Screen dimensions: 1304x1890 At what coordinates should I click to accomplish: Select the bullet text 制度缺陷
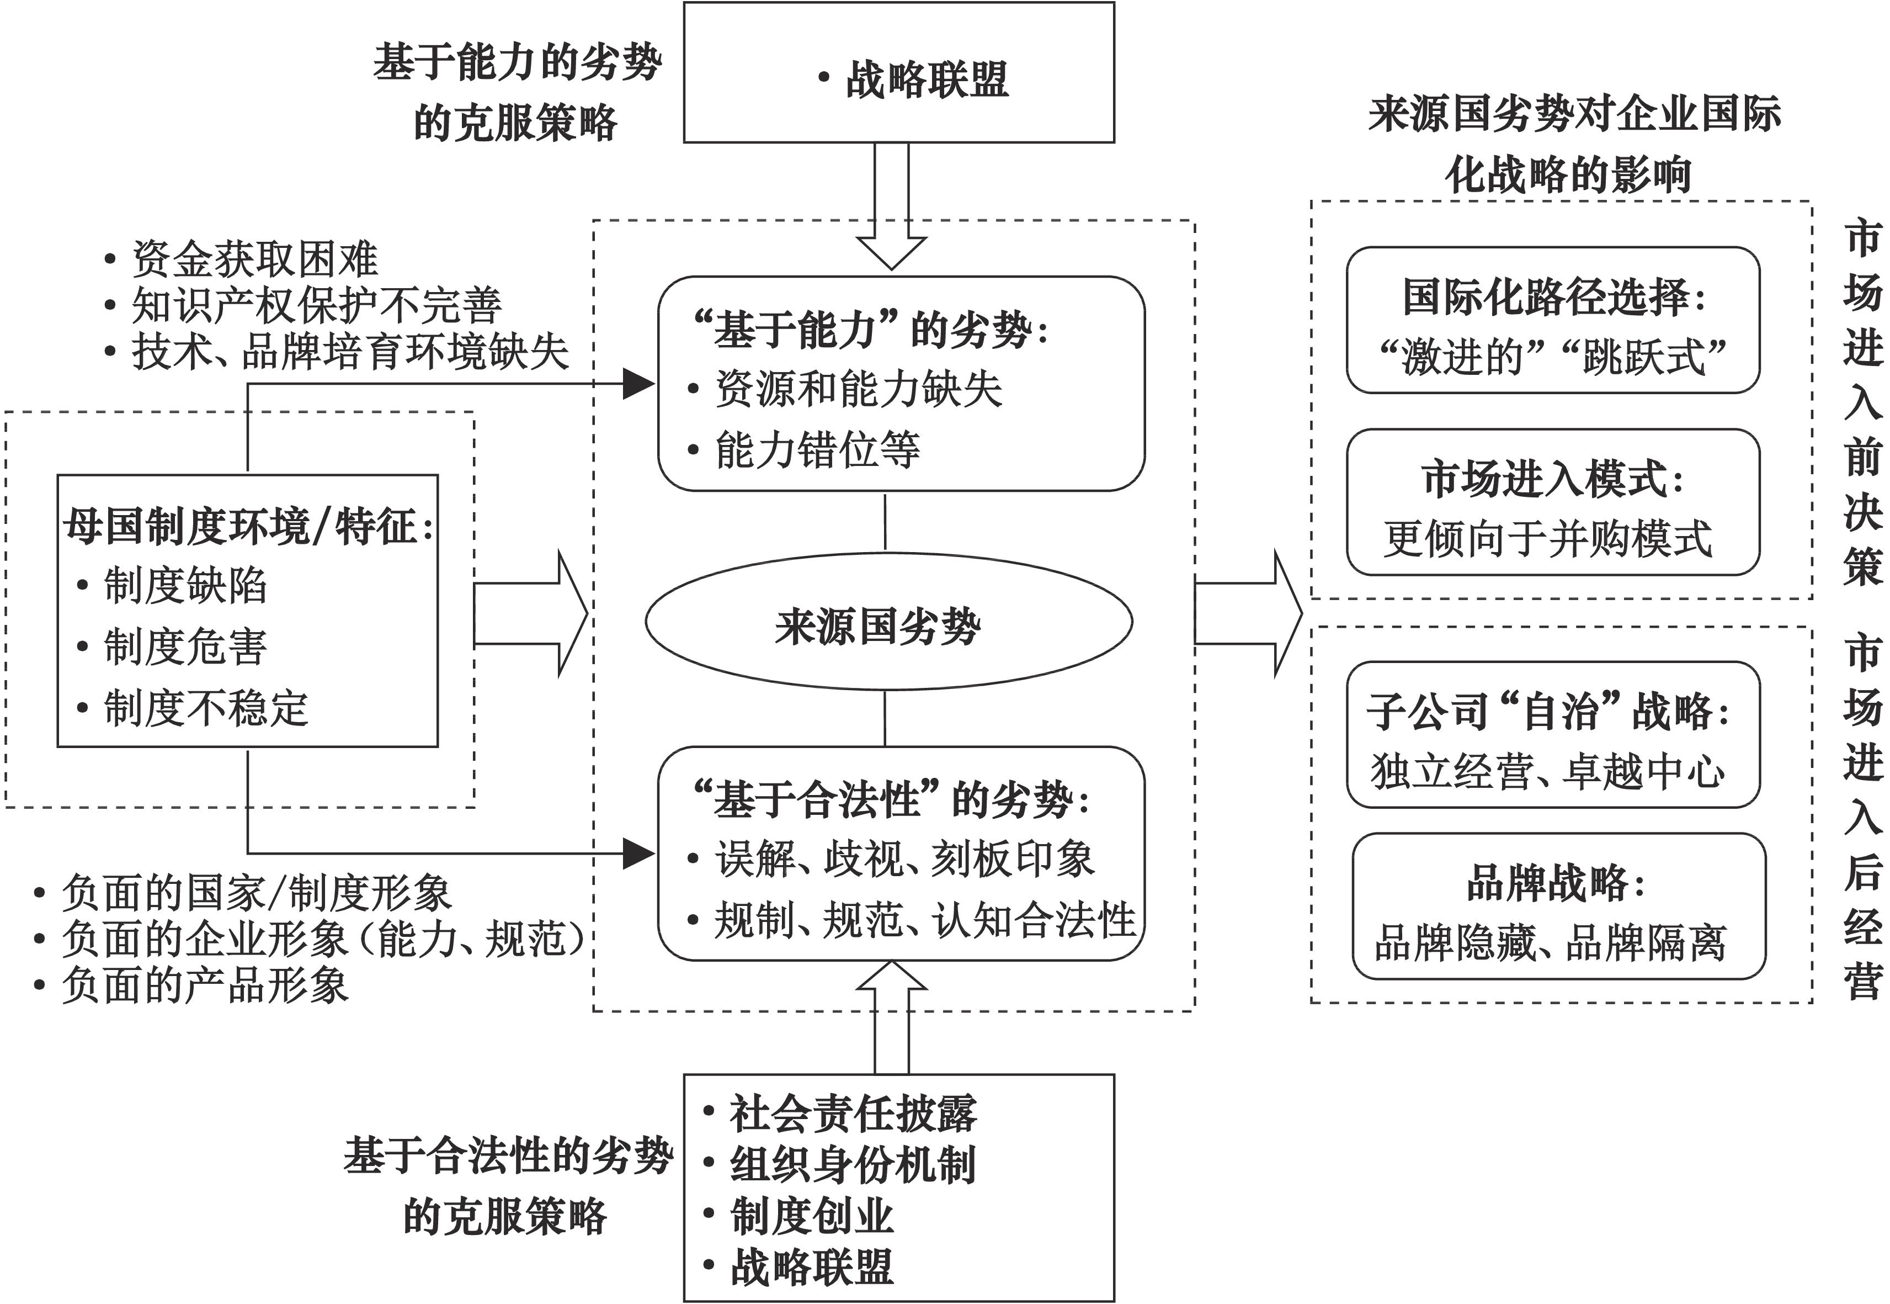tap(185, 585)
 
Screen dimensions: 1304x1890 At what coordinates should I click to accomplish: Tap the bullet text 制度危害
tap(185, 646)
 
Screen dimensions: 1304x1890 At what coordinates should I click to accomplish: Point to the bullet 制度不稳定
tap(206, 708)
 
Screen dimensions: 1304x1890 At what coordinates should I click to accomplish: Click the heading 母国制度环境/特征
tap(247, 526)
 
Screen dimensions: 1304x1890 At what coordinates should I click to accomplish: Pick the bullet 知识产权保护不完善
tap(316, 306)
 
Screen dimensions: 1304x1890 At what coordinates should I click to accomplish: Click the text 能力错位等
tap(817, 449)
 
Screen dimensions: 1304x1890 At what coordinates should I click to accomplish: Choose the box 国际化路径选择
tap(1552, 320)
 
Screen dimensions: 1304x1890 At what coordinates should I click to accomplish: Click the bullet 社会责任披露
tap(852, 1113)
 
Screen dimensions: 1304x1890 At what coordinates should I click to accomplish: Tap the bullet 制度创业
tap(811, 1216)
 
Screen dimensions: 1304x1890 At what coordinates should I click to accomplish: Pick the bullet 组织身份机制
tap(852, 1164)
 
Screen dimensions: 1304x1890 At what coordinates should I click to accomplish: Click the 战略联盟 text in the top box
tap(926, 79)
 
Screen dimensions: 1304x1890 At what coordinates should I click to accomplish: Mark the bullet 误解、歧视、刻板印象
tap(904, 858)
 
